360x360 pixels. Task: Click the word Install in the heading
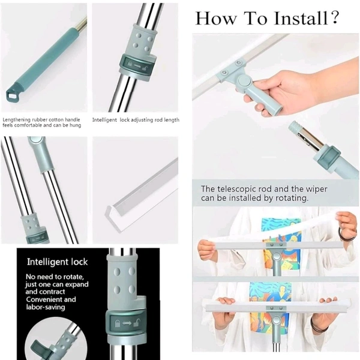[x=301, y=18]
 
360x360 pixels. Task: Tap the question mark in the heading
[x=335, y=17]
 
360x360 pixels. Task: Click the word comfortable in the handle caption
[x=28, y=125]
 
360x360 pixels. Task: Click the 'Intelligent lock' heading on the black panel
[x=58, y=262]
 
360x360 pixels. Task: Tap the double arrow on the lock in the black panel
[x=127, y=323]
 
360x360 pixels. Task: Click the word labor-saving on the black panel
[x=46, y=307]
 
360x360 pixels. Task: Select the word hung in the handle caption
[x=76, y=125]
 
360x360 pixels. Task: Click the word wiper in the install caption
[x=316, y=189]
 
